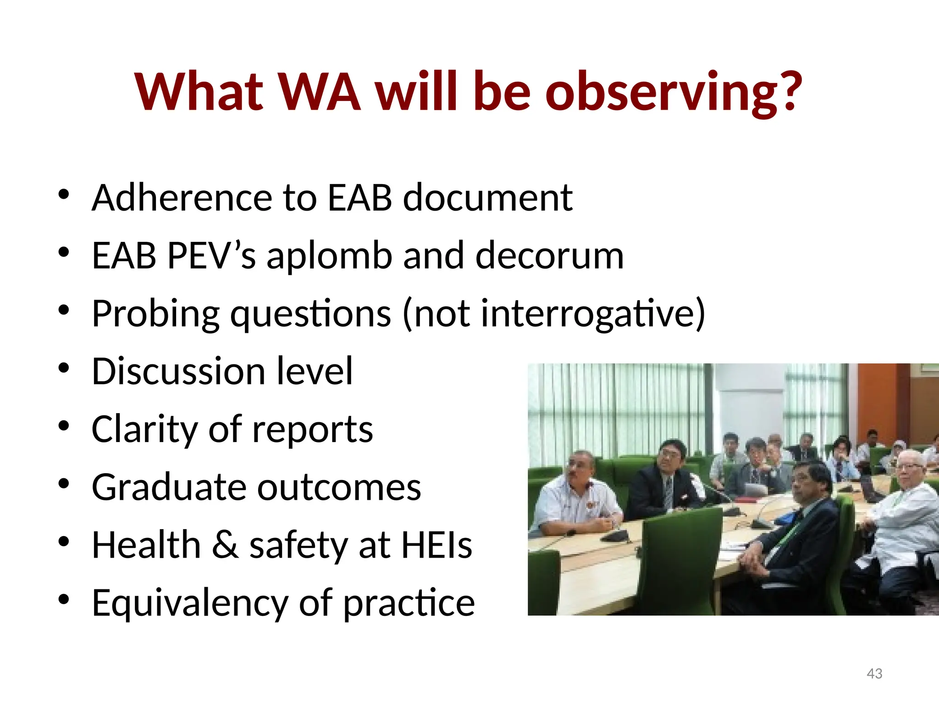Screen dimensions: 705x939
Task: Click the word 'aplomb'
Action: [x=329, y=256]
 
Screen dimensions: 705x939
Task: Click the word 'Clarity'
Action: [x=144, y=429]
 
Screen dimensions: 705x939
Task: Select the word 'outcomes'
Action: [x=339, y=487]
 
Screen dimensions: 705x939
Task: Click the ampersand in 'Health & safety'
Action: [x=225, y=545]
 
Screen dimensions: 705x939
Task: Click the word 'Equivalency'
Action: [x=189, y=603]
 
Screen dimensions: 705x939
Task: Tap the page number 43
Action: [x=874, y=673]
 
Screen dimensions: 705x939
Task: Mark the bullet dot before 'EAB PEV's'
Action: [x=64, y=252]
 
